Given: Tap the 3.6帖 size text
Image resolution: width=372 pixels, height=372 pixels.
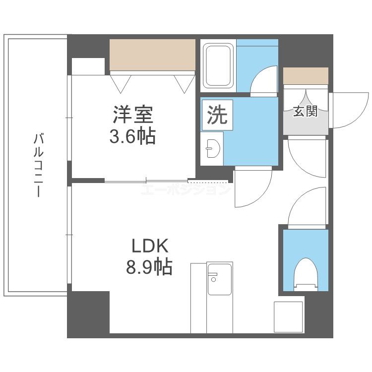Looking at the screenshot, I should point(132,135).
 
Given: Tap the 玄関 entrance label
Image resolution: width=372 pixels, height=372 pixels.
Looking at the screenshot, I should point(305,112).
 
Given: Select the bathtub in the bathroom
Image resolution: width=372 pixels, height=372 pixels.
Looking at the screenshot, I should point(218,66).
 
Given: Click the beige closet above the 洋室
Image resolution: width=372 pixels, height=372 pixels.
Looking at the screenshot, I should point(152,55).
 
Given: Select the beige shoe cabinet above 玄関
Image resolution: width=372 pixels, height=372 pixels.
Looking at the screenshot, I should point(306,76).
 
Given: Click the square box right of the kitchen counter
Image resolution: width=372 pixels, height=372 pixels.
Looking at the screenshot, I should point(288,316).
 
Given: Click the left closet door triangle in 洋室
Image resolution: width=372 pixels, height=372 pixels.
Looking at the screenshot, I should point(121,82).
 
